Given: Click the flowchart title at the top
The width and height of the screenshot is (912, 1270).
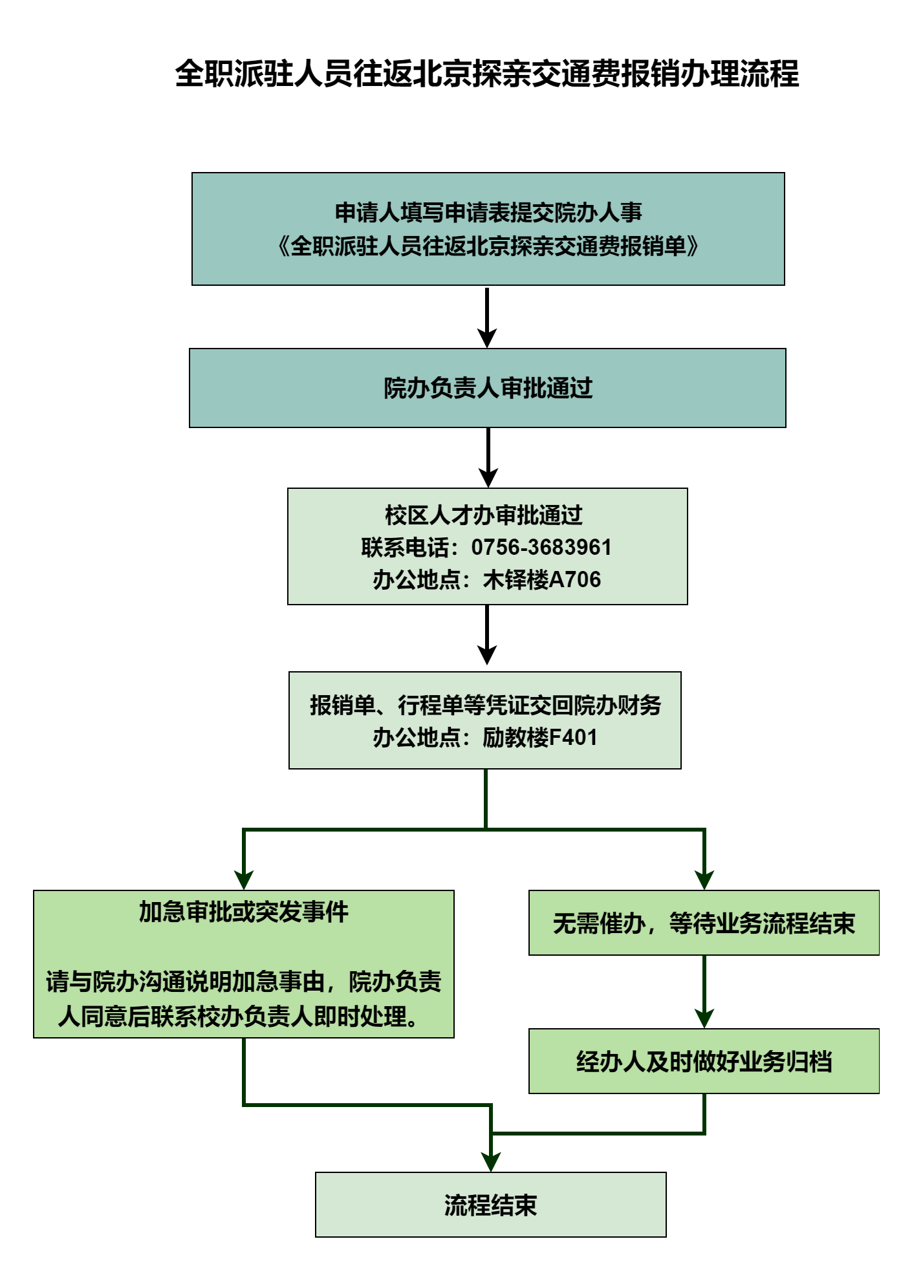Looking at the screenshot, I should click(486, 74).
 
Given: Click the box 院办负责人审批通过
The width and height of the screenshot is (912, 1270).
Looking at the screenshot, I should click(488, 388).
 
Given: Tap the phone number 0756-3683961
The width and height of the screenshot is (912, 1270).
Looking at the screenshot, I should click(541, 547).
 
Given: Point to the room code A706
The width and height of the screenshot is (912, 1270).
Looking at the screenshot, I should click(575, 579).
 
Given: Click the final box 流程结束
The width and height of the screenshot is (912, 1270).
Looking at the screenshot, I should click(490, 1205).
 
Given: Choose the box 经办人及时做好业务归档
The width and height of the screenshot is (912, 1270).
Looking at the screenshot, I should click(704, 1061).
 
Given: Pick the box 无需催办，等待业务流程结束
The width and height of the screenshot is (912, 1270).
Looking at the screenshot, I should click(704, 923).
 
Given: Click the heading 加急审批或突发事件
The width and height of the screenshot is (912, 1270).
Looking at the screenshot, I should click(243, 912).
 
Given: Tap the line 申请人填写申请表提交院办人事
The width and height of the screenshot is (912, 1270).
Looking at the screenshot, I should click(488, 212).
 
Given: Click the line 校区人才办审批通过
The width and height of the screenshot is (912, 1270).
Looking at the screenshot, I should click(484, 515).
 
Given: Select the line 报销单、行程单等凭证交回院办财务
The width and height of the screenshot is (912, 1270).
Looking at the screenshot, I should click(485, 705).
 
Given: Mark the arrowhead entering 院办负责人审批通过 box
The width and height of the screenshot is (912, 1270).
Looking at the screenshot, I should click(487, 338).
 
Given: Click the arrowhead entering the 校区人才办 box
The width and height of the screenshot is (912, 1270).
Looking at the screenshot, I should click(488, 478).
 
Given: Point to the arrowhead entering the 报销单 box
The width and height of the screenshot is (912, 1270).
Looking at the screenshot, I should click(486, 655).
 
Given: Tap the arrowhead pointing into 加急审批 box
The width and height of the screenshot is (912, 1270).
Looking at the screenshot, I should click(244, 880).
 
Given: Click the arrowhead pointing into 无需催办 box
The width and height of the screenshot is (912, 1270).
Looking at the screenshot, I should click(704, 880).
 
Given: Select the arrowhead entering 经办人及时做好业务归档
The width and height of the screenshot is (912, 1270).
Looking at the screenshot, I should click(704, 1018).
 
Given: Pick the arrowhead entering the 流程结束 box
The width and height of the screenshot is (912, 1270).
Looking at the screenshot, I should click(491, 1162).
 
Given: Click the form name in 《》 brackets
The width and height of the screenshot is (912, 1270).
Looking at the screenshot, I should click(488, 246).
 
